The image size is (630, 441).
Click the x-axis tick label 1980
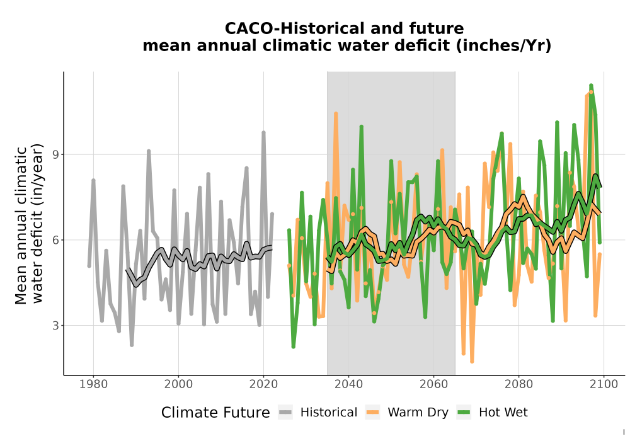[x=93, y=384]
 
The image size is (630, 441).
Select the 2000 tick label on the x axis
[x=178, y=384]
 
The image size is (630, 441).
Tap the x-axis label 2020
[x=263, y=384]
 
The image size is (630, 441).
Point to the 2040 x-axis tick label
[x=348, y=384]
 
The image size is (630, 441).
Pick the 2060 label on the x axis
[x=433, y=384]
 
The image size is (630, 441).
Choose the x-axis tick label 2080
[x=518, y=384]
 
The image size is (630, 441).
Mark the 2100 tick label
[x=604, y=384]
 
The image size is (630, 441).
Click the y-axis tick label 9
[x=56, y=154]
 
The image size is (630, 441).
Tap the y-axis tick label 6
[x=56, y=240]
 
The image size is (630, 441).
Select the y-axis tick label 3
[x=56, y=326]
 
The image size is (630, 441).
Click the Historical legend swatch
[x=285, y=413]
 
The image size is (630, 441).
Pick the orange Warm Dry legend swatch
[x=372, y=413]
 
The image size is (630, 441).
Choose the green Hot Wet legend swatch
[x=464, y=413]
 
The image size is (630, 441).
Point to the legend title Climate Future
[x=215, y=413]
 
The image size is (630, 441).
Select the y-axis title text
[x=29, y=224]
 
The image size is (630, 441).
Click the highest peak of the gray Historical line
[x=263, y=132]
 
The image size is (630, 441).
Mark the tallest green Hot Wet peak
[x=591, y=85]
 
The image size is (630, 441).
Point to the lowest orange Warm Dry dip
[x=472, y=362]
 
